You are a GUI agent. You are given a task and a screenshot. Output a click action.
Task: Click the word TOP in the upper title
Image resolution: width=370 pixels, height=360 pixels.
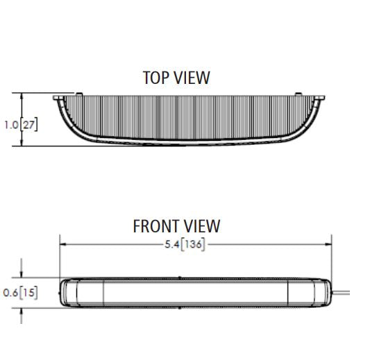click(155, 78)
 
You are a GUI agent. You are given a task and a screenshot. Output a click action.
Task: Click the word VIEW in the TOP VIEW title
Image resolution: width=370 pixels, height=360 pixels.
click(192, 78)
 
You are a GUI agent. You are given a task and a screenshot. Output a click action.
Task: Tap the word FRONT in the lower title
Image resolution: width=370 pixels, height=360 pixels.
click(155, 226)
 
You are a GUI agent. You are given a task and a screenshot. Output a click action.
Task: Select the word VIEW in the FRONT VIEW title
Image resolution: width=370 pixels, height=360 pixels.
click(202, 226)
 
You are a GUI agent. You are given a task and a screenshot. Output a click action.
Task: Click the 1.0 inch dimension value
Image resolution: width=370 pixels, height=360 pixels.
click(11, 125)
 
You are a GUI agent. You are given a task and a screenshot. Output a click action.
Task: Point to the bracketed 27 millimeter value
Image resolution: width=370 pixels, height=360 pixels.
click(29, 125)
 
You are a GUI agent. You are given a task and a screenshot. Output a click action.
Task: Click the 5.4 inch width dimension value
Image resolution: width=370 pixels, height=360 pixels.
click(171, 244)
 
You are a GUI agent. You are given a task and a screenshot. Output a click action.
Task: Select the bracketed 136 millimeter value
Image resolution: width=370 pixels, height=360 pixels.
click(193, 244)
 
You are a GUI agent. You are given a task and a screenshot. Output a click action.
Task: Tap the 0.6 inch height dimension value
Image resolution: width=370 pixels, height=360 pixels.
click(10, 293)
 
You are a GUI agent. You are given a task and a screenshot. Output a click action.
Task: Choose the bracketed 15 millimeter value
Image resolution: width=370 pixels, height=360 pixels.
click(28, 293)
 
